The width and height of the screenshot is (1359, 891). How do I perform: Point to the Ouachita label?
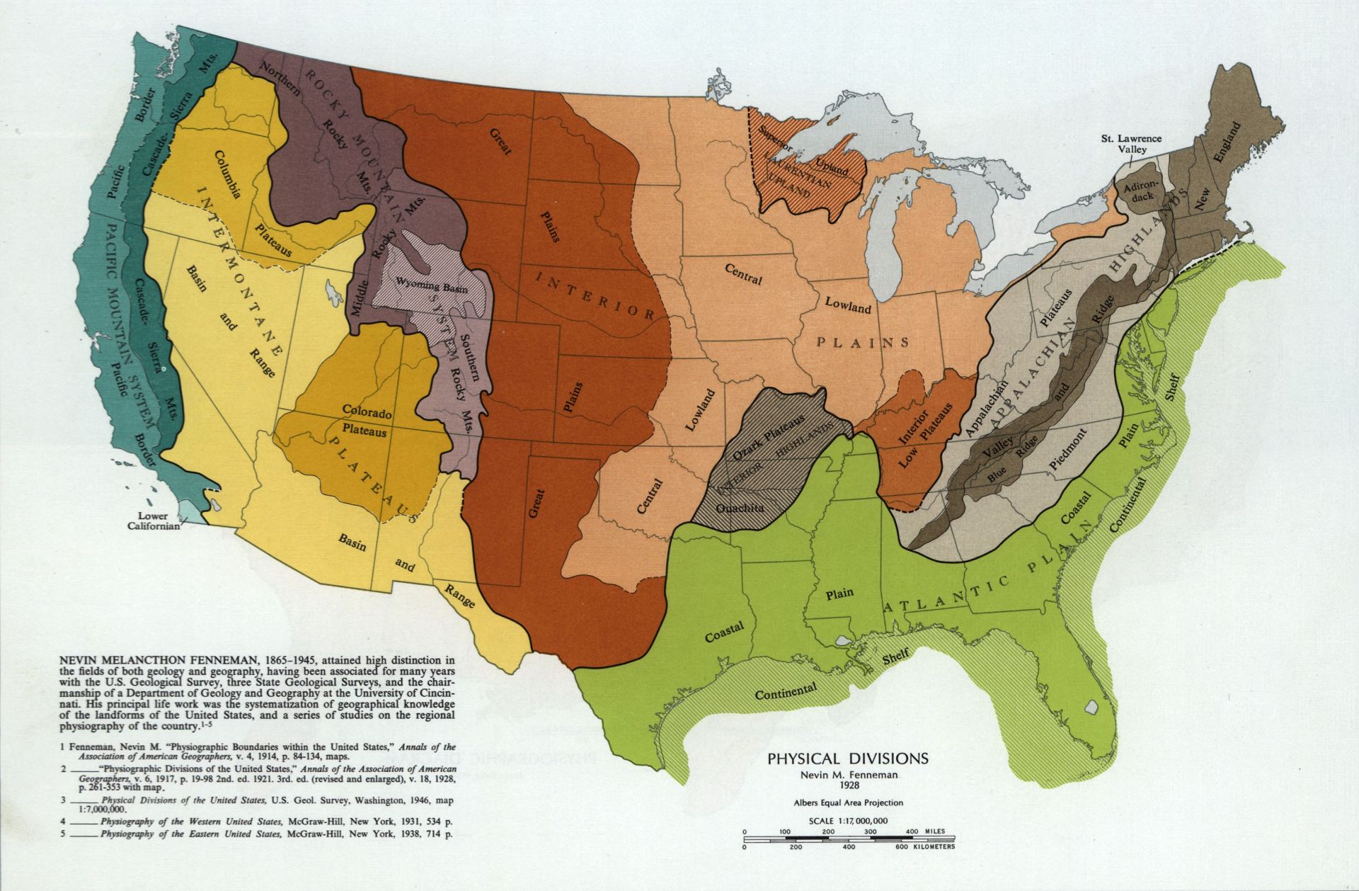click(738, 508)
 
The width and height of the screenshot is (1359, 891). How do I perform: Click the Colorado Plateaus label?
click(367, 419)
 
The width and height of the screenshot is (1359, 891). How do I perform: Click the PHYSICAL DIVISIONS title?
click(848, 759)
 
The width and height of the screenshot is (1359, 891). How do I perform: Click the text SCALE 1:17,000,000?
click(847, 821)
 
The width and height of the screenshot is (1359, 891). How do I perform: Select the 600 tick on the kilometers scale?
click(901, 847)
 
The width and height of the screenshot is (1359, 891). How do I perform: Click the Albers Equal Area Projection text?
click(847, 802)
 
